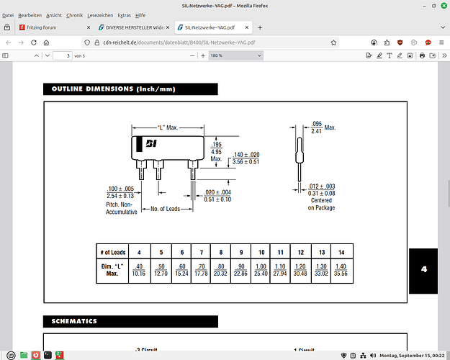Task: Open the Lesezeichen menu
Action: pos(99,15)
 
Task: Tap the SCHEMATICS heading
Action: pos(74,321)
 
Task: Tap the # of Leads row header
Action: pos(112,252)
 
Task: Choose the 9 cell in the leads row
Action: pos(240,252)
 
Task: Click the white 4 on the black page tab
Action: pos(424,269)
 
